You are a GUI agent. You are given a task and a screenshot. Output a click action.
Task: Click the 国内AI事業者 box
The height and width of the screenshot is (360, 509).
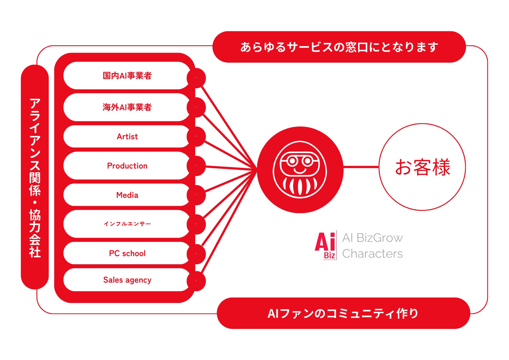[x=127, y=76]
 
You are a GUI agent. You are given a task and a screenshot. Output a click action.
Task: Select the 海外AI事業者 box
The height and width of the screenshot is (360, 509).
[x=127, y=107]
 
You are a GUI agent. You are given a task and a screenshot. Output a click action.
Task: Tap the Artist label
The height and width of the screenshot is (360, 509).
[x=127, y=137]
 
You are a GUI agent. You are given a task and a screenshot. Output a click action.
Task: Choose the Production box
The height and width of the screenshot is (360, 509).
[x=127, y=166]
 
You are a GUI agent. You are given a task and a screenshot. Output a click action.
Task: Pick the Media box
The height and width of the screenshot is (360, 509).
[x=127, y=195]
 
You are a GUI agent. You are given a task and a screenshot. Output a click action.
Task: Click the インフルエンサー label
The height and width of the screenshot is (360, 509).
[x=127, y=224]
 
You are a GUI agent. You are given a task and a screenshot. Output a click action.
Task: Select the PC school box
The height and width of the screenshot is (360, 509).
[x=127, y=253]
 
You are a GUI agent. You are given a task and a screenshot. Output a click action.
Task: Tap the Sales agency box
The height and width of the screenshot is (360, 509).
[x=127, y=280]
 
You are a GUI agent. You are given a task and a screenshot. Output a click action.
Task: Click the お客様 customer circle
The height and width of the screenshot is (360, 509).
[x=422, y=167]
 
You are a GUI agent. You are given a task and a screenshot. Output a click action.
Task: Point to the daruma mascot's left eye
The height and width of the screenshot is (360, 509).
[x=292, y=161]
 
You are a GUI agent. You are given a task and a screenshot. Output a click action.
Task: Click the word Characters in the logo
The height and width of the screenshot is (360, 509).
[x=372, y=254]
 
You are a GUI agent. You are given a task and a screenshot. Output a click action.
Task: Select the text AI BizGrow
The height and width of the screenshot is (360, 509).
[x=372, y=238]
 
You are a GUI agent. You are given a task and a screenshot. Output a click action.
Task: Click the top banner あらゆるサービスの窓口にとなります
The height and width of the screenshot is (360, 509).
[x=339, y=47]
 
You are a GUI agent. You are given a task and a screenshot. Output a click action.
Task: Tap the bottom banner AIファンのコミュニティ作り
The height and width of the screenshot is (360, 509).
[x=343, y=313]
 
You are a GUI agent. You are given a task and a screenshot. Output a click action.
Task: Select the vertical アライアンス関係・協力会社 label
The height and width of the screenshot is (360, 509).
[x=35, y=177]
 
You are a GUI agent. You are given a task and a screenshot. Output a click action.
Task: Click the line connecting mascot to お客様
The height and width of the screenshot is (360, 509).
[x=361, y=167]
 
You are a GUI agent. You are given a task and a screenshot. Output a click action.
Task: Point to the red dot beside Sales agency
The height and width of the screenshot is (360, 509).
[x=196, y=281]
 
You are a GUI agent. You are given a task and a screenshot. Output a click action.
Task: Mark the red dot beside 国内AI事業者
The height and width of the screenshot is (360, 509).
[x=196, y=78]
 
